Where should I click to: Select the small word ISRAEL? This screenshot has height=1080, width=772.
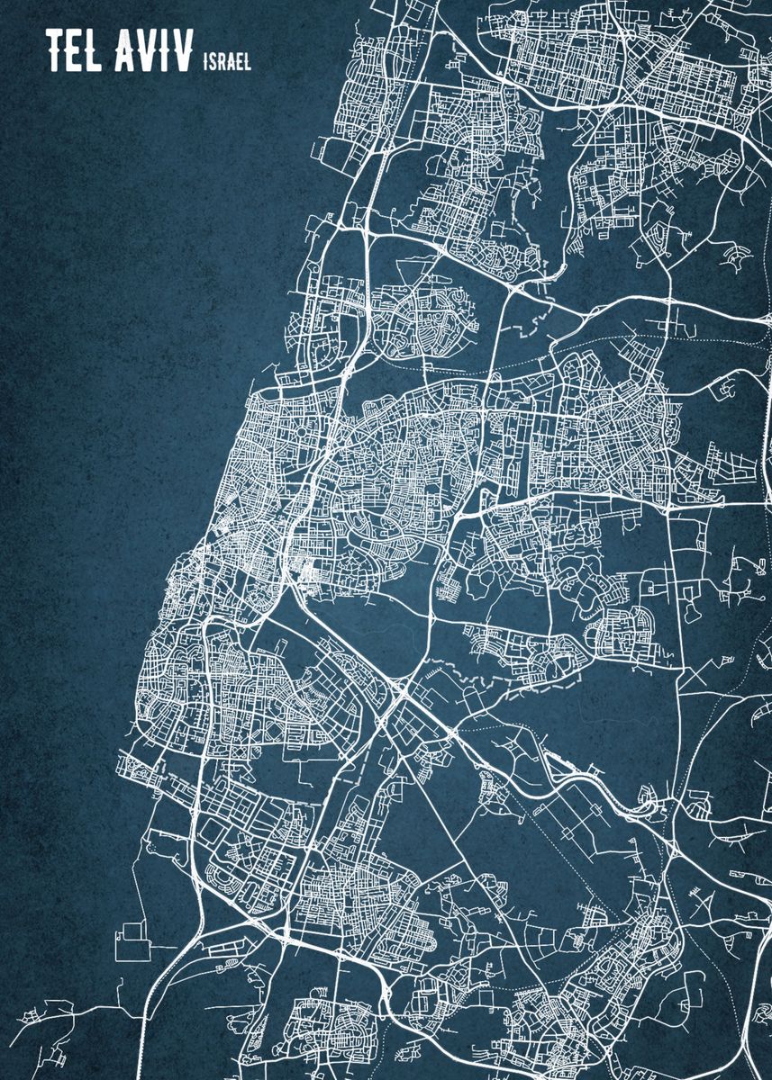point(228,61)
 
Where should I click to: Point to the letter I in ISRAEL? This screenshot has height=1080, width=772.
point(207,61)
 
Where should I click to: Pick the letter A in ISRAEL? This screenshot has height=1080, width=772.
point(231,61)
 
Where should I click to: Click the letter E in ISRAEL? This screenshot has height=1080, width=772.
point(239,61)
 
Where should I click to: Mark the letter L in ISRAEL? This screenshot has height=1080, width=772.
point(247,61)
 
